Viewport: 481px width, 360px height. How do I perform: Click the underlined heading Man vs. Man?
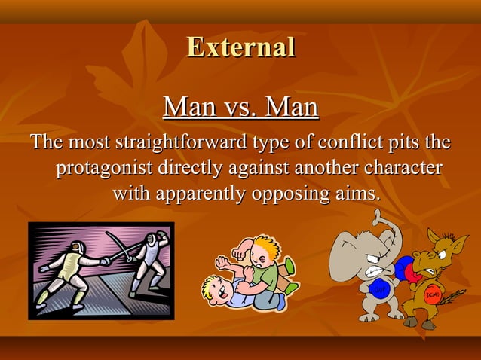[x=240, y=107]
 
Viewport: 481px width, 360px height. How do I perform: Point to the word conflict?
[x=351, y=142]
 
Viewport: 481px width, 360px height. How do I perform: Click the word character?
[x=403, y=167]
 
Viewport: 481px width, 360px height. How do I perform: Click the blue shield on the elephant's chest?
[x=377, y=289]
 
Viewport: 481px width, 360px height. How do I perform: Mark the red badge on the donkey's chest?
[x=432, y=295]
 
